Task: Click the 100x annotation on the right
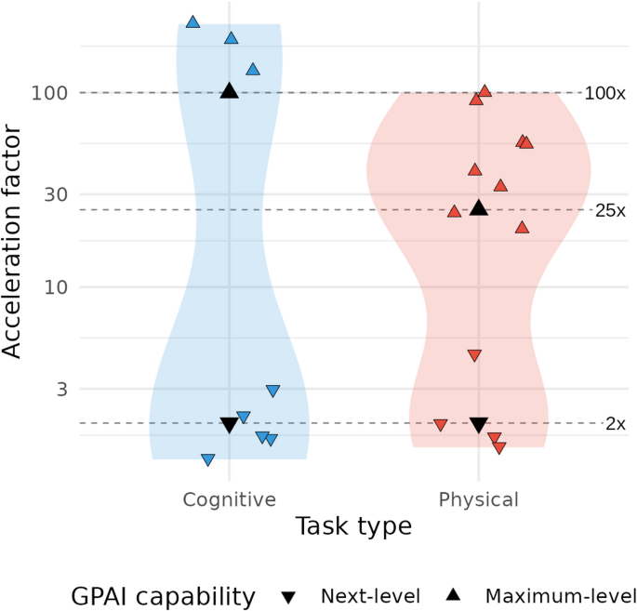(x=605, y=93)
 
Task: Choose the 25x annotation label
(x=610, y=210)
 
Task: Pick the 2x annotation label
(x=615, y=424)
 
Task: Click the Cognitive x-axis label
(x=229, y=499)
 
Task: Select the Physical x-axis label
(x=478, y=499)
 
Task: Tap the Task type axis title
(x=353, y=527)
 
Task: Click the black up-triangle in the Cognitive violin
(x=230, y=90)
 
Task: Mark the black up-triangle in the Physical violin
(x=479, y=207)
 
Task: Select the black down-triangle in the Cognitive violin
(x=230, y=425)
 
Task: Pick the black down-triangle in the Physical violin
(x=479, y=425)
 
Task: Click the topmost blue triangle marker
(x=192, y=21)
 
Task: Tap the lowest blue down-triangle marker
(x=208, y=459)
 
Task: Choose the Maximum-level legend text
(x=560, y=596)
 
